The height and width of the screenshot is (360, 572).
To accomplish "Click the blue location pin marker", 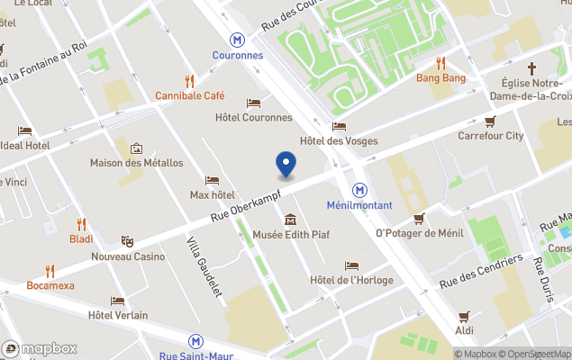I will click(x=286, y=163).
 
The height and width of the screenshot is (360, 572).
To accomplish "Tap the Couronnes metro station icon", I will click(x=237, y=40).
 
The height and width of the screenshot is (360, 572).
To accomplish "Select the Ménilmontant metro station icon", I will click(x=359, y=190).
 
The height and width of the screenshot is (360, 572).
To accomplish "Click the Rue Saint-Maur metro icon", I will click(x=195, y=341).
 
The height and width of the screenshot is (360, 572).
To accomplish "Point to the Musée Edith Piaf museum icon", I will click(x=290, y=220).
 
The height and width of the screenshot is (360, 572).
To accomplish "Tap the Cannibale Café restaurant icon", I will click(x=189, y=80).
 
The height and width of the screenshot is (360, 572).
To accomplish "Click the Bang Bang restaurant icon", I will click(x=440, y=63).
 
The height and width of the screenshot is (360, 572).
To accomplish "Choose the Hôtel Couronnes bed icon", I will click(x=253, y=103).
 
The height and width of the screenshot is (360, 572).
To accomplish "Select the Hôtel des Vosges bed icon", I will click(x=339, y=126).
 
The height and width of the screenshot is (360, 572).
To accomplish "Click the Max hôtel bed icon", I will click(x=212, y=180).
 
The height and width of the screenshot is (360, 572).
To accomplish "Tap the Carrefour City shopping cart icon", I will click(x=490, y=121).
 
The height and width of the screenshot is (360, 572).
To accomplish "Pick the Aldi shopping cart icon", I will click(x=464, y=316).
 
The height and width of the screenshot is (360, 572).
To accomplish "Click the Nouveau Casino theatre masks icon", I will click(x=128, y=241).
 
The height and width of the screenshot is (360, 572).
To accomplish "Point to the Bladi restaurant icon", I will click(x=81, y=224).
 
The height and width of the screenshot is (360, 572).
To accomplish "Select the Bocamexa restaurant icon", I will click(x=50, y=270).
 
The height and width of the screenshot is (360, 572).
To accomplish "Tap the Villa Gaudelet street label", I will click(x=204, y=266).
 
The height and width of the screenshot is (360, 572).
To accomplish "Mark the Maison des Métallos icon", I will click(x=136, y=148).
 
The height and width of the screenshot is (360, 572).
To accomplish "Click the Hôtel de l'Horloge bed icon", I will click(x=351, y=265).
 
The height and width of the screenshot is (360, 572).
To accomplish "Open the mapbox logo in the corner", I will click(x=41, y=348).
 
